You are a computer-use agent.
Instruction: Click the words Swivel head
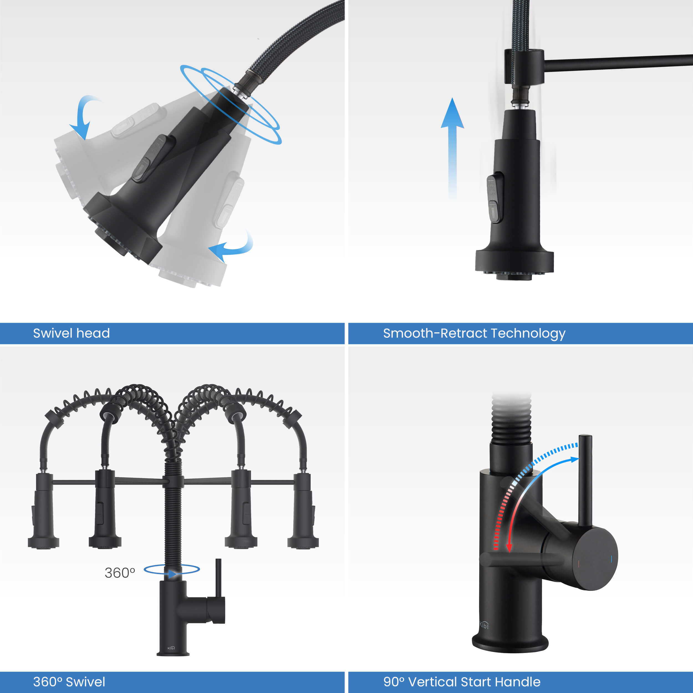point(72,333)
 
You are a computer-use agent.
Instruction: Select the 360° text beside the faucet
point(119,573)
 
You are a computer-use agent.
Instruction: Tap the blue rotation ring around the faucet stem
point(172,570)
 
